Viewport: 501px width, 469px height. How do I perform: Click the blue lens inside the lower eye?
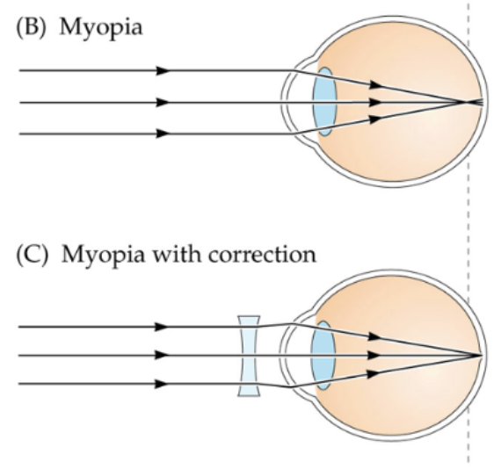coord(323,355)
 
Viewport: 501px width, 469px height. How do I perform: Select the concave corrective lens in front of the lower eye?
coord(250,355)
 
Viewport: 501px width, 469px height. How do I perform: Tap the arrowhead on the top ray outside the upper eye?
coord(162,69)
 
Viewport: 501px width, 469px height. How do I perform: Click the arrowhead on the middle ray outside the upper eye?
coord(162,102)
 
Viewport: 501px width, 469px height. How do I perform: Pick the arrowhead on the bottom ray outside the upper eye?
coord(162,134)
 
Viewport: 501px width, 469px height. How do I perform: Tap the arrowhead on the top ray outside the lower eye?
coord(162,326)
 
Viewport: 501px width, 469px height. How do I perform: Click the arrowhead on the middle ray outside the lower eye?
coord(162,355)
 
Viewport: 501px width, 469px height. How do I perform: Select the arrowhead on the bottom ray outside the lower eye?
coord(162,384)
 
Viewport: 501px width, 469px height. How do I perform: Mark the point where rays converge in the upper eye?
coord(457,102)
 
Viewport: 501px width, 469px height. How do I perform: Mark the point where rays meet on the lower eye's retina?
coord(479,355)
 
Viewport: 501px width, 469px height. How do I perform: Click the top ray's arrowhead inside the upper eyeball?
coord(375,84)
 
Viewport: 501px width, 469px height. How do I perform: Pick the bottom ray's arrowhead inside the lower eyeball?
coord(375,372)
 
